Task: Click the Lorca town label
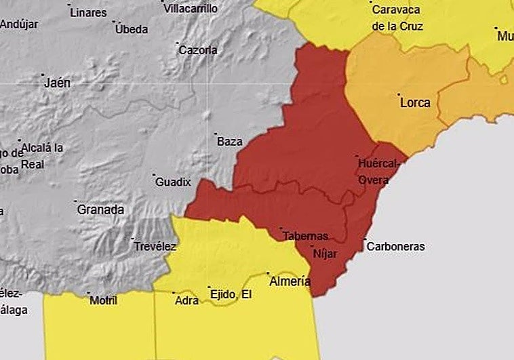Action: coord(415,103)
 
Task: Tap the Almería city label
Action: coord(290,281)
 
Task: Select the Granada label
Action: coord(100,209)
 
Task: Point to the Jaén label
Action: coord(57,83)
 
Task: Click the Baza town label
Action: coord(229,142)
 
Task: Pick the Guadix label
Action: coord(173,182)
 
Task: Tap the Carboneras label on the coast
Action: coord(395,246)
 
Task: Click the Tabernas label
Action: coord(305,236)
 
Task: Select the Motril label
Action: coord(103,300)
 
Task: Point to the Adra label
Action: coord(186,300)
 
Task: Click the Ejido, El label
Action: coord(231,294)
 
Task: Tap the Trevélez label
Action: coord(155,246)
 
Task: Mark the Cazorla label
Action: coord(197,49)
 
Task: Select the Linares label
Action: coord(88,12)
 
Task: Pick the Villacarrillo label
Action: coord(192,9)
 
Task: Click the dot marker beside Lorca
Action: coord(399,95)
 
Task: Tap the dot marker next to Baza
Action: coord(215,134)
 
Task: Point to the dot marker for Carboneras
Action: coord(364,239)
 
